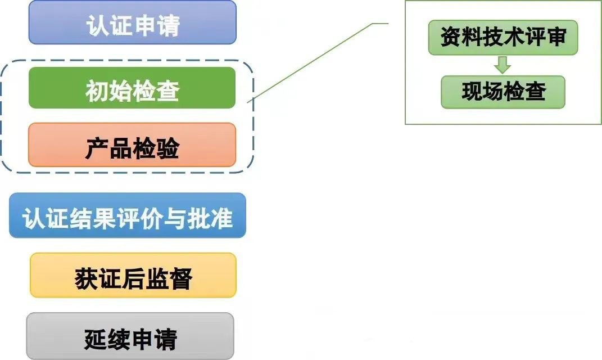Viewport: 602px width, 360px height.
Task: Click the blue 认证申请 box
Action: pos(132,22)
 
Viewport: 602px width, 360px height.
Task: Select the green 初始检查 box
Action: pos(132,88)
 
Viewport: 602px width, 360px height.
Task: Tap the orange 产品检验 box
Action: pos(132,146)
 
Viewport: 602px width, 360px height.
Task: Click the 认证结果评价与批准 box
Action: pos(128,216)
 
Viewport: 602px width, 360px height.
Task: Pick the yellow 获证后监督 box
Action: pos(133,276)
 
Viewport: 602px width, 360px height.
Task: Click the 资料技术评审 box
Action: pos(503,38)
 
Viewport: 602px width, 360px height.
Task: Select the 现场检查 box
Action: pos(503,92)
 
